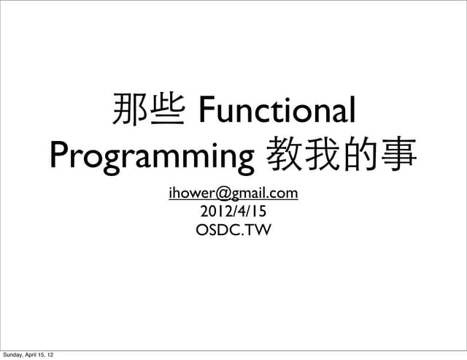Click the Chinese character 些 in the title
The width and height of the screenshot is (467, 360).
(166, 112)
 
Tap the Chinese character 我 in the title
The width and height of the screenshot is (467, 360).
(323, 155)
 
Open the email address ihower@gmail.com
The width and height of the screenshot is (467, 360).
(233, 194)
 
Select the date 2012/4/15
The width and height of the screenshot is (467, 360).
(233, 212)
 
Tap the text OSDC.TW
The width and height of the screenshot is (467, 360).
(233, 231)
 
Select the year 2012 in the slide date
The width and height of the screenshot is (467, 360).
(215, 212)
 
